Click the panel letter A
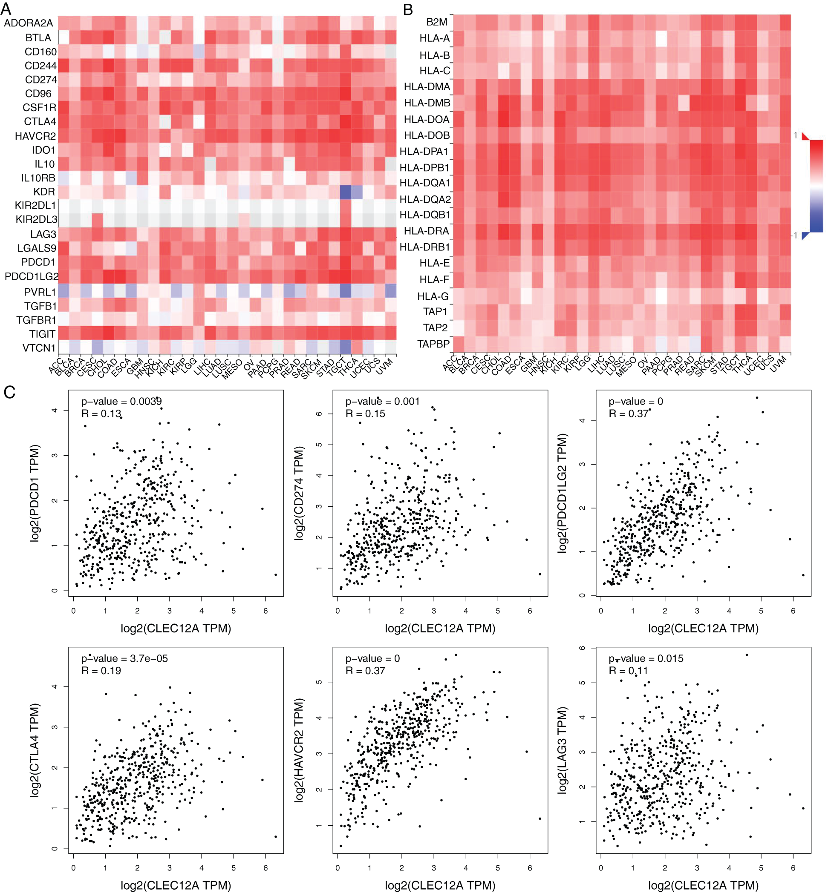pos(6,9)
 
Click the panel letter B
pos(408,9)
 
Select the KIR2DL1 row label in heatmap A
pos(35,205)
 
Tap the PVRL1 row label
pos(40,292)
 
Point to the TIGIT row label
pos(42,334)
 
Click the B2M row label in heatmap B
pos(437,22)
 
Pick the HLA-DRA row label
pos(426,231)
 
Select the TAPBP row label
pos(433,344)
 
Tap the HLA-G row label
pos(433,296)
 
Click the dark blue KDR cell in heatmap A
pos(345,192)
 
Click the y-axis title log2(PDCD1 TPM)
pos(35,493)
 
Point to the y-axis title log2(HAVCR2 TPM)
pos(299,750)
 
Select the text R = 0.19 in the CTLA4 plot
pos(101,670)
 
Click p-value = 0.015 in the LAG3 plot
pos(646,658)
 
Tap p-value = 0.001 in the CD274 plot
pos(382,401)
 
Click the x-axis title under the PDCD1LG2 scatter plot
pos(703,628)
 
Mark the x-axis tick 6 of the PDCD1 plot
pos(265,611)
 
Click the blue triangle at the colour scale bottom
pos(806,235)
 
